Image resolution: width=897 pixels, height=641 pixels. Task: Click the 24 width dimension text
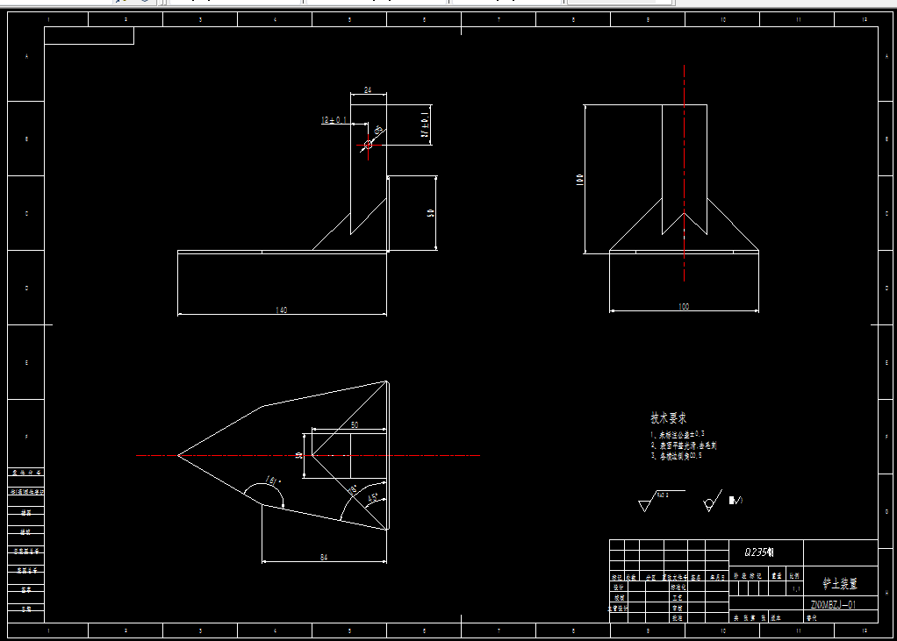click(x=368, y=90)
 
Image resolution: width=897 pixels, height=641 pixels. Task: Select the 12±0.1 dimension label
click(x=334, y=119)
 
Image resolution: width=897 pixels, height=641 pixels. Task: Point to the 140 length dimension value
click(x=282, y=310)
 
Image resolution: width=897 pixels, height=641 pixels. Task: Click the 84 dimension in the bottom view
click(x=324, y=557)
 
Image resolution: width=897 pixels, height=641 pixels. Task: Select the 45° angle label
click(x=373, y=498)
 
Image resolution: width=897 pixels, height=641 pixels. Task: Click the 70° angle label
click(x=352, y=489)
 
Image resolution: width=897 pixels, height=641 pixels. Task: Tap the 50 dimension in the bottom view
click(x=355, y=425)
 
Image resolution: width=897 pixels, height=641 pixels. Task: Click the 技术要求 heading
click(x=669, y=418)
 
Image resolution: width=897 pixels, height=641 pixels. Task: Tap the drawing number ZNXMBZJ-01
click(x=833, y=604)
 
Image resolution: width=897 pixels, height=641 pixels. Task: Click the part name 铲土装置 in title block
click(x=839, y=582)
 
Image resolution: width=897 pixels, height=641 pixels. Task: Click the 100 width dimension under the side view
click(x=684, y=307)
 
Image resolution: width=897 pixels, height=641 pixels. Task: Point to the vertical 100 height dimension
click(x=580, y=179)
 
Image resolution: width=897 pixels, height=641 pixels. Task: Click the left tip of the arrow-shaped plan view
click(x=179, y=455)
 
